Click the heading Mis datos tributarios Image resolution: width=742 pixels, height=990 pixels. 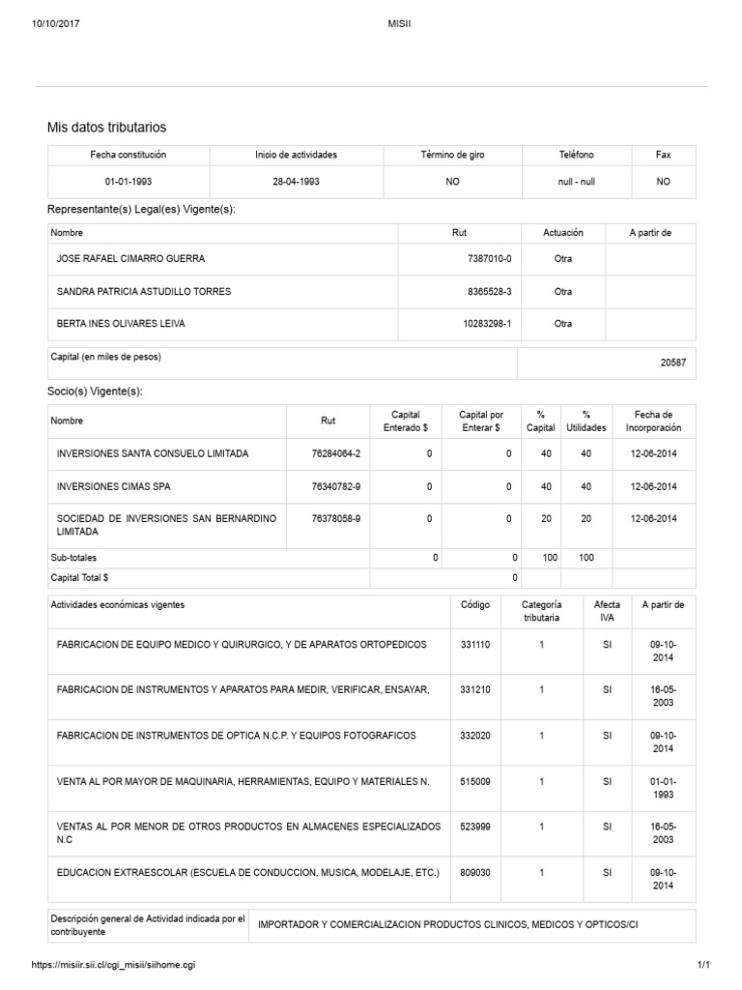click(x=107, y=128)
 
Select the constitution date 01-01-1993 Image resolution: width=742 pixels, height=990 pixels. click(x=128, y=182)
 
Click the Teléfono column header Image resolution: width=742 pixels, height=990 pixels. click(x=576, y=155)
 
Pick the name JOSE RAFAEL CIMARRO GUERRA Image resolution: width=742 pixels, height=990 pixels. click(x=131, y=259)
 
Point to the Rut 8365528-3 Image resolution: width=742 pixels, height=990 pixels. click(x=489, y=291)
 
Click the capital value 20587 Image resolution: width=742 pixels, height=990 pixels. click(x=672, y=363)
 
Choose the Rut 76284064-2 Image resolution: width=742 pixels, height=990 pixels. click(x=336, y=453)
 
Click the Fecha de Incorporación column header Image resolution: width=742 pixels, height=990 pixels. click(x=653, y=421)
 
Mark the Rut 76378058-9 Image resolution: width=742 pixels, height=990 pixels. click(x=336, y=518)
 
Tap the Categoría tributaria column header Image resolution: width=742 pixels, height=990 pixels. click(x=541, y=611)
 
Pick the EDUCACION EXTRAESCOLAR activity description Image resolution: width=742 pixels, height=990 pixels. click(x=248, y=872)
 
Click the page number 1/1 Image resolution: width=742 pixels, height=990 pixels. click(x=702, y=965)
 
